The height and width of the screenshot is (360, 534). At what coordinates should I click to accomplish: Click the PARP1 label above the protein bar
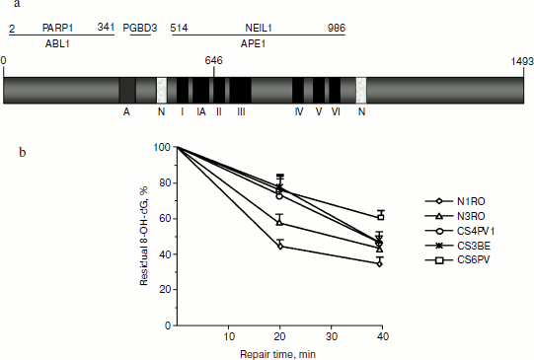pyautogui.click(x=57, y=29)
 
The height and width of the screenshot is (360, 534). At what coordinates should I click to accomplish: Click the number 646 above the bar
pyautogui.click(x=213, y=61)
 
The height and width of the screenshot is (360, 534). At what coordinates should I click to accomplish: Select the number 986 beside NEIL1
pyautogui.click(x=336, y=29)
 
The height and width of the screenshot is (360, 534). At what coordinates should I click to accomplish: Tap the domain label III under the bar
pyautogui.click(x=241, y=112)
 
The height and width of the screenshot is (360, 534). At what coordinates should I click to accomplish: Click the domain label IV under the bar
pyautogui.click(x=298, y=112)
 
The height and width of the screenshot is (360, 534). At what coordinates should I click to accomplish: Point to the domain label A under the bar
pyautogui.click(x=126, y=112)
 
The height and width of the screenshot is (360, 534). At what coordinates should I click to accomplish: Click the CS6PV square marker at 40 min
pyautogui.click(x=380, y=216)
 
